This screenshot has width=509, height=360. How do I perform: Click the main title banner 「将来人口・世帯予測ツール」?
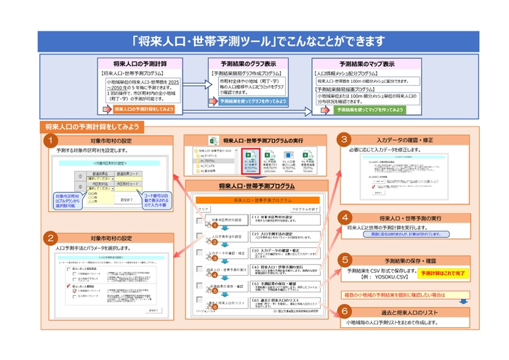254,39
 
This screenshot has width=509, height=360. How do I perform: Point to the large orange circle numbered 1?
50,140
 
